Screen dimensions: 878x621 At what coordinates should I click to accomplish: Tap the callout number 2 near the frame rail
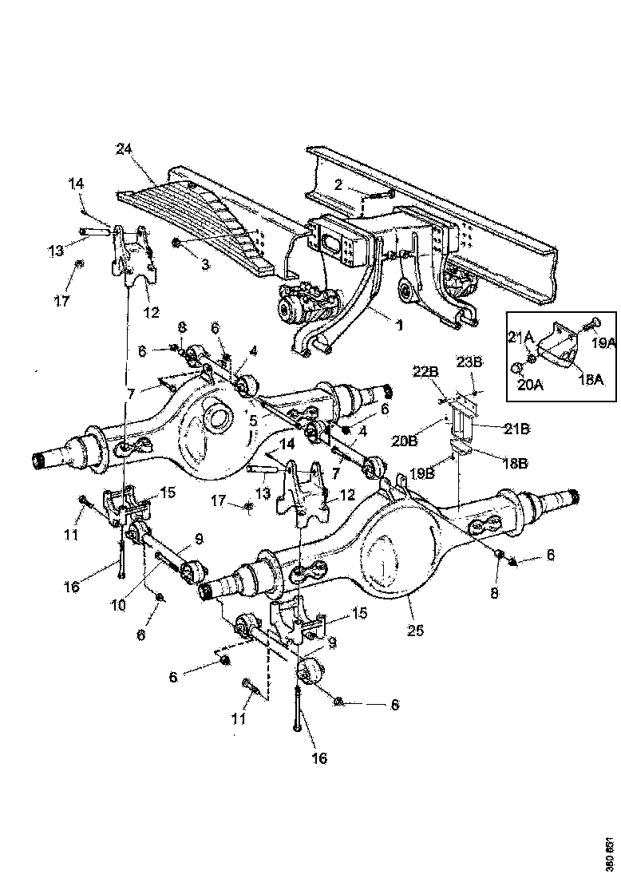point(338,184)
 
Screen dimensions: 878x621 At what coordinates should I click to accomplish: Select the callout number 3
point(205,263)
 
